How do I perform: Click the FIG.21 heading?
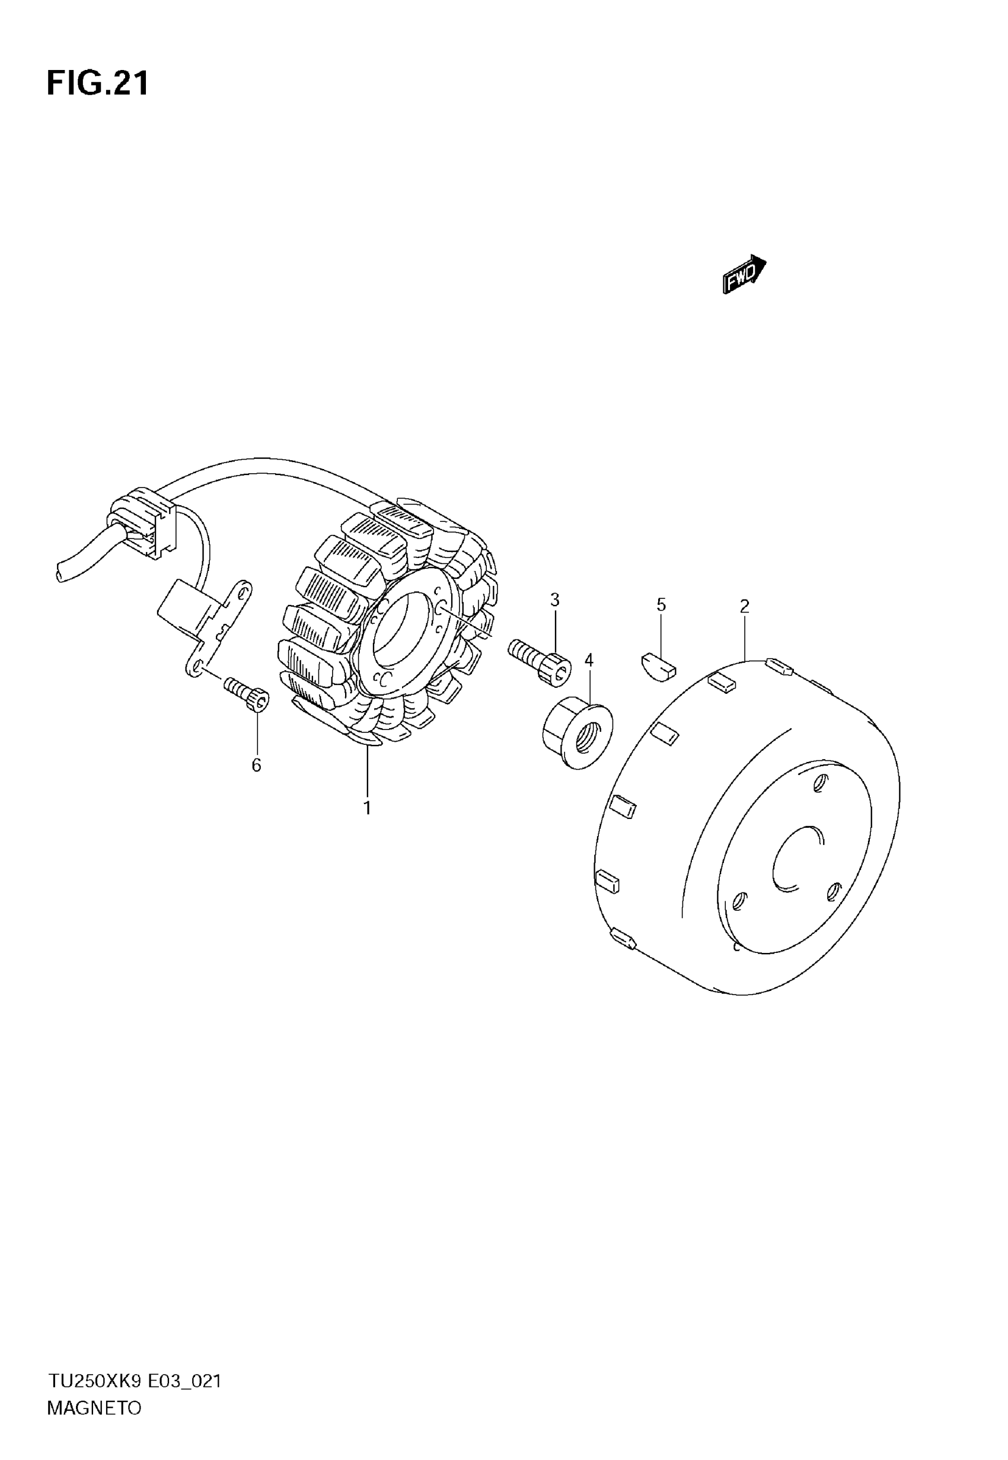pos(98,84)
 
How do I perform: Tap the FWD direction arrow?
pos(744,274)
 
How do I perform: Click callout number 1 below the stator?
pos(367,808)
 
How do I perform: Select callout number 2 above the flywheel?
pos(745,606)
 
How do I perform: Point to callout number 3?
pos(554,600)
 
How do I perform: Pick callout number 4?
pos(589,660)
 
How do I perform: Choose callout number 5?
pos(661,604)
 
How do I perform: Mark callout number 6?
pos(256,766)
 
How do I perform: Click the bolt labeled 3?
pos(540,660)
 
